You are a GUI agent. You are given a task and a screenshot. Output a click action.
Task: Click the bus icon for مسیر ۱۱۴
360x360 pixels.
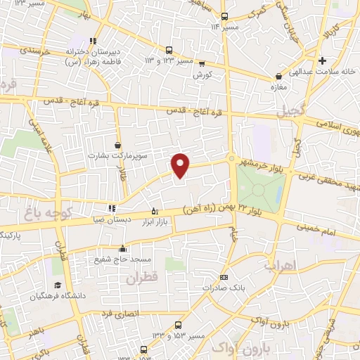click(x=224, y=17)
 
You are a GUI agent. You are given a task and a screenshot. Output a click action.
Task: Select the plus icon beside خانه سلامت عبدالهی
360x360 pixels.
click(x=323, y=61)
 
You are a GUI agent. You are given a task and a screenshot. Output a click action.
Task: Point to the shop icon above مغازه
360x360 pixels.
click(x=280, y=76)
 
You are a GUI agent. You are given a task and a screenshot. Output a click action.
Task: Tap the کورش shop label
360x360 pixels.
click(x=202, y=74)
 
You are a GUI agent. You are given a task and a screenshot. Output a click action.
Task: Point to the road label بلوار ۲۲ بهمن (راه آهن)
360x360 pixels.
click(x=215, y=208)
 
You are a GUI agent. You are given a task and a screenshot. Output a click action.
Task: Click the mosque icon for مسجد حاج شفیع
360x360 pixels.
click(x=123, y=248)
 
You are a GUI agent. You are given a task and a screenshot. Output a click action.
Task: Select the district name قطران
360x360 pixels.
click(x=143, y=278)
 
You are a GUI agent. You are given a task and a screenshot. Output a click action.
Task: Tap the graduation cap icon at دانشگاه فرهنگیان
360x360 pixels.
click(x=57, y=285)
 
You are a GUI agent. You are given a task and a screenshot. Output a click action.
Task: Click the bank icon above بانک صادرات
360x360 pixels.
click(x=224, y=277)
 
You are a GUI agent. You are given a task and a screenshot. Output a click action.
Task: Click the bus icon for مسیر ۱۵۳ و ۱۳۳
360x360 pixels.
click(x=177, y=326)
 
